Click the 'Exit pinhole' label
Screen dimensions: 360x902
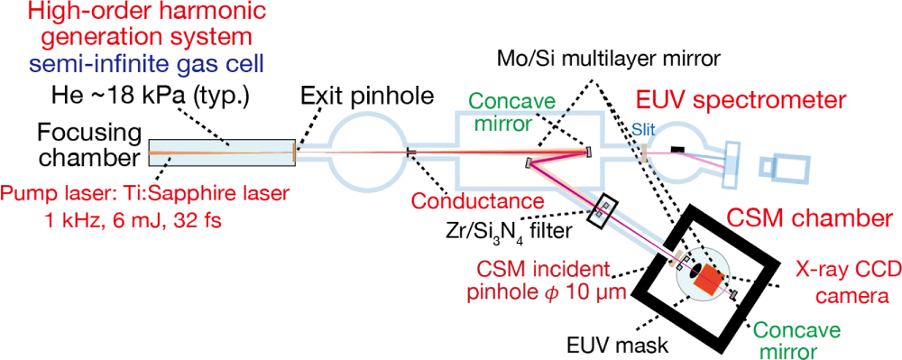(x=368, y=94)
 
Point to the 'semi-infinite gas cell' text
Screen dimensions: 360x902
(x=133, y=65)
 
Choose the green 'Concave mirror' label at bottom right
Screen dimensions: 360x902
(x=791, y=339)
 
